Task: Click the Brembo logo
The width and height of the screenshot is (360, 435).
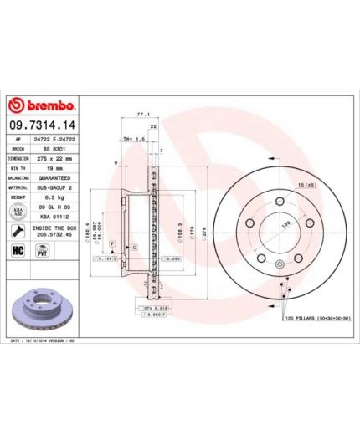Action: pos(42,106)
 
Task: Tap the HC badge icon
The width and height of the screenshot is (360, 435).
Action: pos(17,251)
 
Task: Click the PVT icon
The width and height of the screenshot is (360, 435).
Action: pos(40,251)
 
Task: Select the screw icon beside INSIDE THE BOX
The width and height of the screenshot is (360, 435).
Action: pos(18,230)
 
